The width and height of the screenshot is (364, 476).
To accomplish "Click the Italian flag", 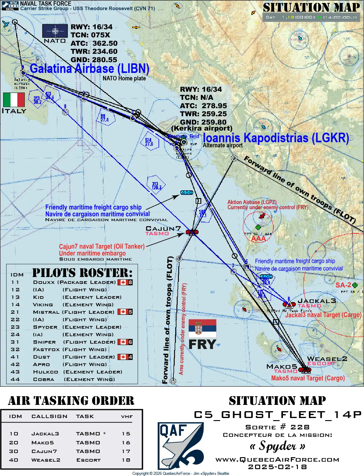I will point(14,100).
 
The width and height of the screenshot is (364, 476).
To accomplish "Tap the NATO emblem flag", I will point(55,31).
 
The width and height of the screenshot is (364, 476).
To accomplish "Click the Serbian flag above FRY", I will point(202,328).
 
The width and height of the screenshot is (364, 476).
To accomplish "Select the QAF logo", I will point(181,445).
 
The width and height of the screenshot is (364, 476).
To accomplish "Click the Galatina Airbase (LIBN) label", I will point(89,68).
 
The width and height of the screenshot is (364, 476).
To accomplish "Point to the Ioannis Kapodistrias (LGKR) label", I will point(276,138).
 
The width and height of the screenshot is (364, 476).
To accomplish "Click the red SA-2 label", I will point(343,285).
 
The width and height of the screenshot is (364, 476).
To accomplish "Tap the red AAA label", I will point(258,238).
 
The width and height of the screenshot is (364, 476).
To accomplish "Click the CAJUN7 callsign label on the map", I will point(163,229).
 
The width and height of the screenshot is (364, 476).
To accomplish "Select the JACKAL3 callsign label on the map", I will point(317,301).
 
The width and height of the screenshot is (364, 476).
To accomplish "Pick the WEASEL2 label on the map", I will point(327,359).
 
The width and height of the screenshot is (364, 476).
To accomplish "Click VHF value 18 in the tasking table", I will point(126,460).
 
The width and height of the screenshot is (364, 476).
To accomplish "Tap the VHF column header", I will point(127,416).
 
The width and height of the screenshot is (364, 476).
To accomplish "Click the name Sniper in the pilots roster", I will point(44,342).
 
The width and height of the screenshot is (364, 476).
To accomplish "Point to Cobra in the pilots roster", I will point(44,379).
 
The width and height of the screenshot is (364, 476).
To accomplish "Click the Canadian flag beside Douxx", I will point(123,282).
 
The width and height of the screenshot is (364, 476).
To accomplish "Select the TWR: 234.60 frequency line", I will point(94,51).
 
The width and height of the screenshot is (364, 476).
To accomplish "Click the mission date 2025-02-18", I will point(277,467).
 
